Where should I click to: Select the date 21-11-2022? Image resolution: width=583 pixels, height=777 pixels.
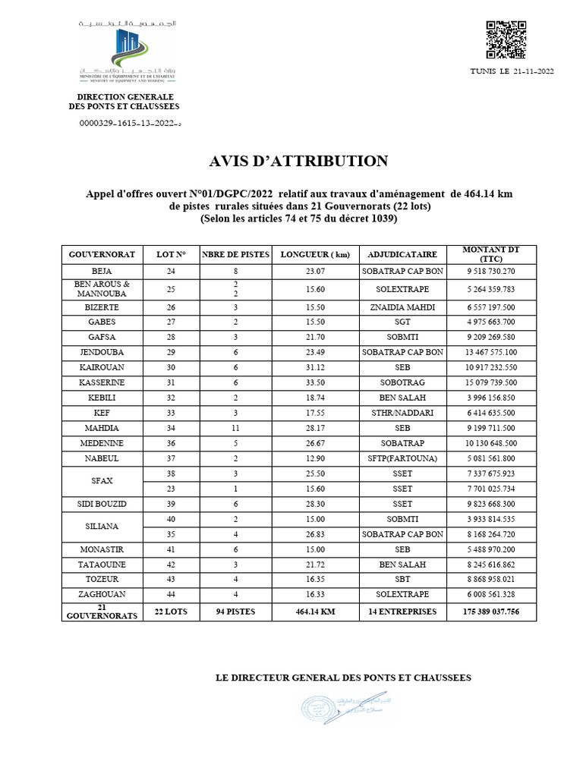[x=530, y=71]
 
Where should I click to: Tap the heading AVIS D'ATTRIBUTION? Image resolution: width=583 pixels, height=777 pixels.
[x=298, y=161]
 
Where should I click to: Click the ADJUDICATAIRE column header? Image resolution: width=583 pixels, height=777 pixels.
[x=402, y=254]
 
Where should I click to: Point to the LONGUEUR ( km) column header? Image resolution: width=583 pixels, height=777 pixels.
[x=315, y=254]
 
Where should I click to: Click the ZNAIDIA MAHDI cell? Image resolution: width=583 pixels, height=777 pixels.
[x=402, y=307]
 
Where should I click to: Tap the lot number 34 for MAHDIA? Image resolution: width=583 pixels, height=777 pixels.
[x=170, y=427]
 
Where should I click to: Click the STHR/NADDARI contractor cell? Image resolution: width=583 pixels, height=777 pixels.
[x=402, y=412]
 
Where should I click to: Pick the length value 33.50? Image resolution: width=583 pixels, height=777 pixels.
[x=315, y=382]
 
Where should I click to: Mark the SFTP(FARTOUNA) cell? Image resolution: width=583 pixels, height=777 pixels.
[x=402, y=458]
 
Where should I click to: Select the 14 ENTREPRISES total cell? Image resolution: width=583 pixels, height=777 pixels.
[x=402, y=611]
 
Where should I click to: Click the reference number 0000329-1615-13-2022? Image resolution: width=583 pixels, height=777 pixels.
[x=129, y=122]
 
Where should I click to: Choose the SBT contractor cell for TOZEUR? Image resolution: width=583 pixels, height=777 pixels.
[x=402, y=580]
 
